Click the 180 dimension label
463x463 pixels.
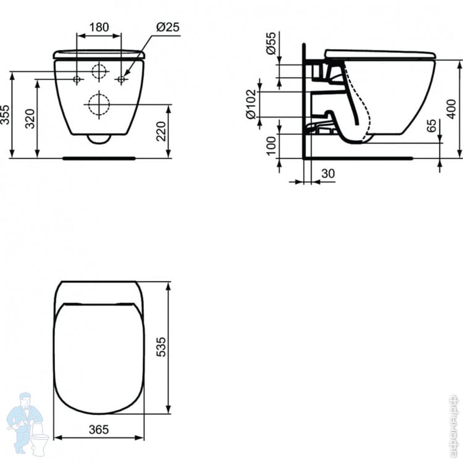pos(99,27)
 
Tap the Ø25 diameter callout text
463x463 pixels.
pos(168,27)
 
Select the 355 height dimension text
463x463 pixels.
pos(5,114)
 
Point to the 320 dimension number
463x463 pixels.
pos(30,119)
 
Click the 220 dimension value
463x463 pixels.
pos(161,131)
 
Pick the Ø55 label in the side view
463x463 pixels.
pos(271,43)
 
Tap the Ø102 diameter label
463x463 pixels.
pos(251,104)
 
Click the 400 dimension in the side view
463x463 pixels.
pos(451,109)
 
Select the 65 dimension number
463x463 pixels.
pos(432,126)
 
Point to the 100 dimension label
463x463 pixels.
pos(271,145)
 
